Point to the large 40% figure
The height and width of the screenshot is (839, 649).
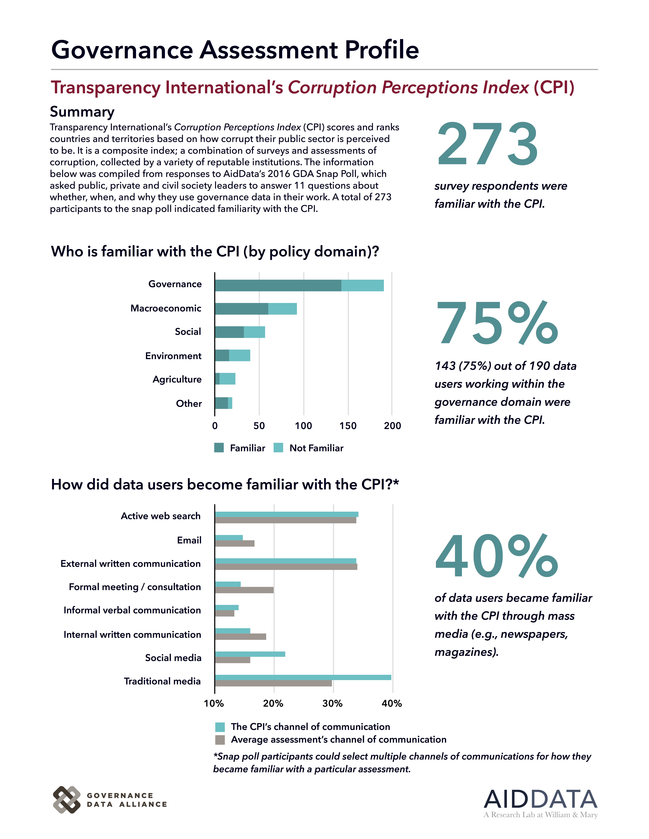point(497,556)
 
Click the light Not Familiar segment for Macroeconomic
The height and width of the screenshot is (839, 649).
point(283,309)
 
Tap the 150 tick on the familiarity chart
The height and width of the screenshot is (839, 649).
point(348,426)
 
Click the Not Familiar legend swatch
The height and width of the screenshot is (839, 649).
point(278,448)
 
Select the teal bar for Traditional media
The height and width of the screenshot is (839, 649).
point(303,677)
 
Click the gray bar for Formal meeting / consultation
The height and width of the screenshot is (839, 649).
point(244,590)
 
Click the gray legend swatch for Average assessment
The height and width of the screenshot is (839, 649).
point(220,740)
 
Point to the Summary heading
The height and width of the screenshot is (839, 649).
point(82,112)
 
